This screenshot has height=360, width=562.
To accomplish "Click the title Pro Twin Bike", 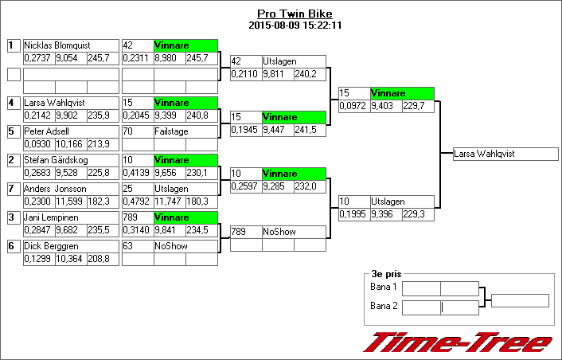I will click(295, 14).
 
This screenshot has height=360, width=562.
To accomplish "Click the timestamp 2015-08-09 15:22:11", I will click(295, 25).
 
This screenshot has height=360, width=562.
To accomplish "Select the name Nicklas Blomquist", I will click(55, 45).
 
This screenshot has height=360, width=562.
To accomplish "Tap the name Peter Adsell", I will click(46, 131).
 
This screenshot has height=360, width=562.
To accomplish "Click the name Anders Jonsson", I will click(55, 188).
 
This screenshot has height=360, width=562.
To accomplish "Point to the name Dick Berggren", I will click(51, 246).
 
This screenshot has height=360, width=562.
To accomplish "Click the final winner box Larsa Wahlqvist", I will click(484, 154).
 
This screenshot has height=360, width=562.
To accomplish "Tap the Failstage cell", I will click(170, 131).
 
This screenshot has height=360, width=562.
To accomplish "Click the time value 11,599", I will click(70, 201).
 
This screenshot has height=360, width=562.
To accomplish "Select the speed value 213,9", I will click(100, 143).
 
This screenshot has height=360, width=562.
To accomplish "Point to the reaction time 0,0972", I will click(353, 106).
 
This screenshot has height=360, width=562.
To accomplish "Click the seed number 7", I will click(13, 189).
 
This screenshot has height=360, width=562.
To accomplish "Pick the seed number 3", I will click(13, 217).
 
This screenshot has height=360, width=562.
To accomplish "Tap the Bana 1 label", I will click(384, 287).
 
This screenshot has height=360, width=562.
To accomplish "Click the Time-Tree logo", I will click(457, 342).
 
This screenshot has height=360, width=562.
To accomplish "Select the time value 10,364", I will click(70, 259).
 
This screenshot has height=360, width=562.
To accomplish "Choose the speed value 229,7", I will click(416, 106).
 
